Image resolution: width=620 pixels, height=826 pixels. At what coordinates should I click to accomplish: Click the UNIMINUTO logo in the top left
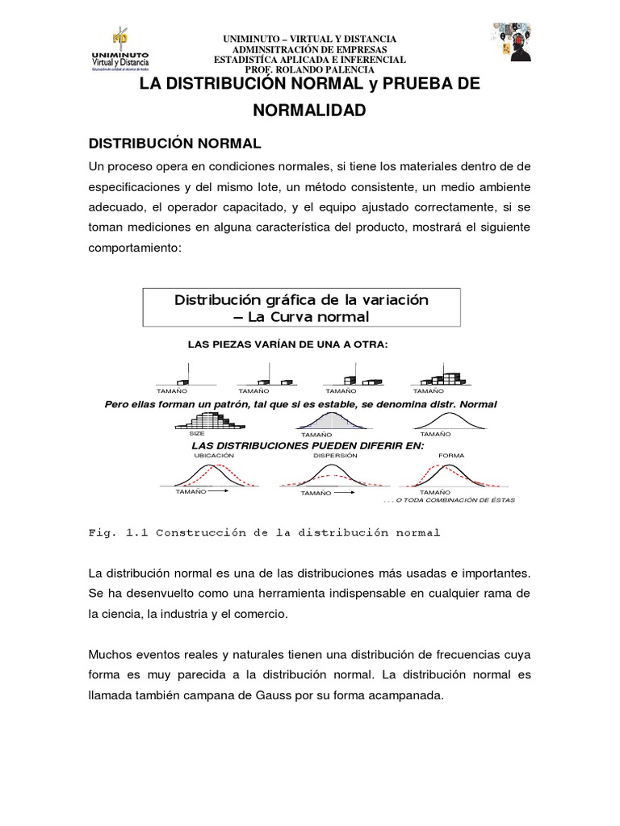(122, 50)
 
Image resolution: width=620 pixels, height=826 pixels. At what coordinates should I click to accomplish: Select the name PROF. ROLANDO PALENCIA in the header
(309, 70)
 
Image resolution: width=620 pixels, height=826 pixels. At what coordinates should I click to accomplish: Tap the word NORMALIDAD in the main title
(309, 110)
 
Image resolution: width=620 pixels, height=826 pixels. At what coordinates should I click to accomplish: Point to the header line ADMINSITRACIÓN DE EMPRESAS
(309, 49)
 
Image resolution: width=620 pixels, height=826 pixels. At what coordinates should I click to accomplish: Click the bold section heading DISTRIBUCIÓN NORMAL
(174, 143)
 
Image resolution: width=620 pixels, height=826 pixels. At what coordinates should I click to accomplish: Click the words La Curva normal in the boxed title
(300, 316)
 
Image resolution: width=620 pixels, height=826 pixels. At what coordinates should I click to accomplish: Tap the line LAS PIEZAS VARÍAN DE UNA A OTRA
(287, 344)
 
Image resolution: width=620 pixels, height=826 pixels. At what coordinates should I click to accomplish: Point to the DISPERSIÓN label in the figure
(333, 455)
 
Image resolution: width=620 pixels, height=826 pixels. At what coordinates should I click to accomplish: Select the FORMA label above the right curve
(451, 455)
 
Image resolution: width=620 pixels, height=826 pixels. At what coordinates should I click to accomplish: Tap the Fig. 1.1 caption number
(132, 532)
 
